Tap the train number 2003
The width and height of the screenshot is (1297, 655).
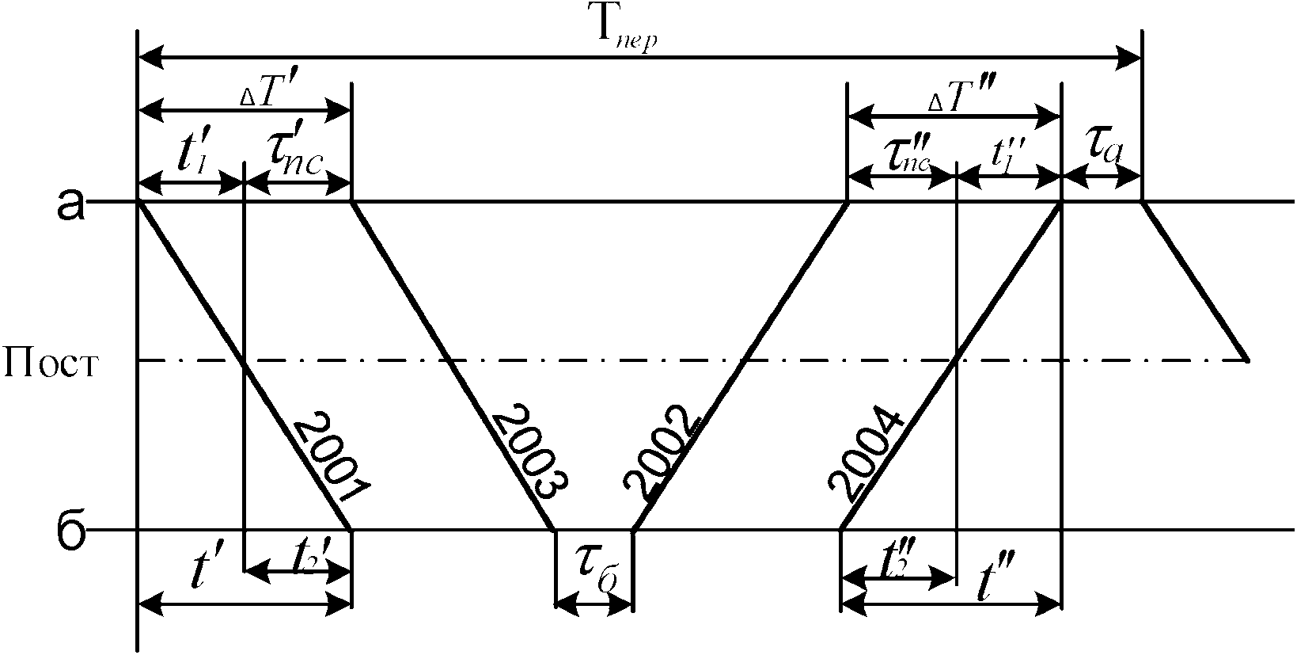coord(529,451)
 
